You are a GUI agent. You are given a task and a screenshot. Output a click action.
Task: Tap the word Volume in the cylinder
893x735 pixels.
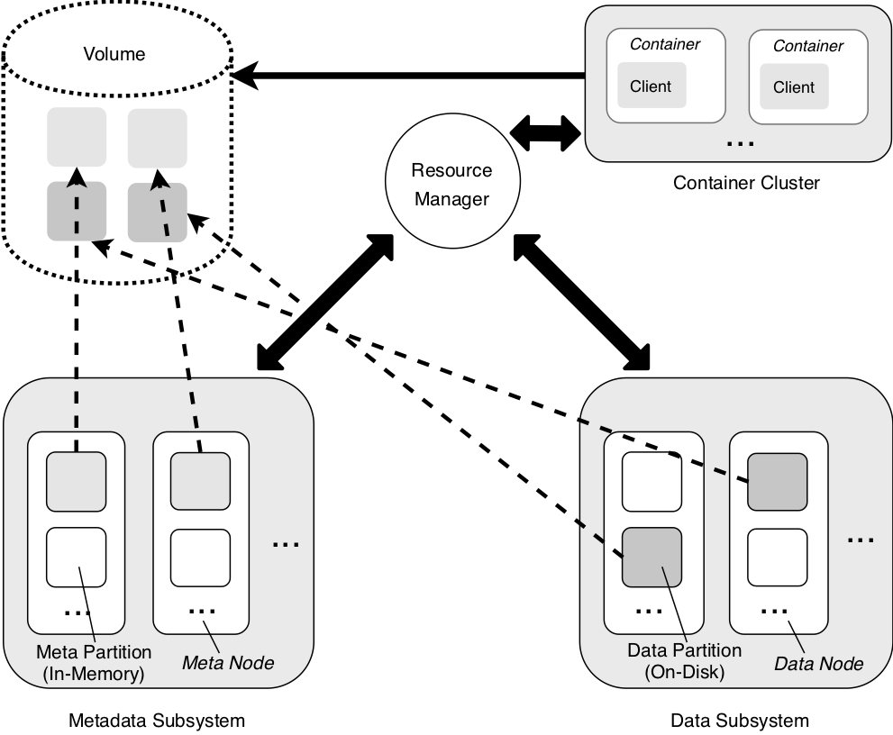point(114,54)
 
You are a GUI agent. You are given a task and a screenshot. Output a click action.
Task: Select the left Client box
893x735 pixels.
point(652,86)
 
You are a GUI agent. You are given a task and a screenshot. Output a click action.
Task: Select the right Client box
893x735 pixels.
point(794,86)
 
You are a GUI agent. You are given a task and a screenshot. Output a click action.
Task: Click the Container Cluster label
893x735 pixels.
point(746,183)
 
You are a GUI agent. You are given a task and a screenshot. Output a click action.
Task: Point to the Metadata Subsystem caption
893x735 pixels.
point(157,721)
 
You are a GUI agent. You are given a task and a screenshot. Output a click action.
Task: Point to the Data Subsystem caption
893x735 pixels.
point(740,721)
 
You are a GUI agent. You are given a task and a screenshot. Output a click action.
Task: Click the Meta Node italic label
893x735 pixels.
point(228,663)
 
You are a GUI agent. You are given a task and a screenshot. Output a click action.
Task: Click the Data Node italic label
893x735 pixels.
point(818,663)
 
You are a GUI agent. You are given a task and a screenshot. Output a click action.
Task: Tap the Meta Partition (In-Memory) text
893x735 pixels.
point(94,663)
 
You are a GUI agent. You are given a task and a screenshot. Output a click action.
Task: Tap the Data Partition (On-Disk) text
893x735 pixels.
point(685,661)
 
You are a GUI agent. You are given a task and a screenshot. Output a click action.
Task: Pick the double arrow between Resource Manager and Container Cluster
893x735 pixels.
point(545,134)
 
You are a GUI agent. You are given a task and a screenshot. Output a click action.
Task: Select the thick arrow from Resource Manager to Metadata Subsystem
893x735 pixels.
point(325,303)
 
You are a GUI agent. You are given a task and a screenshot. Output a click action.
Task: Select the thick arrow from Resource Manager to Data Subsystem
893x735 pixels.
point(581,303)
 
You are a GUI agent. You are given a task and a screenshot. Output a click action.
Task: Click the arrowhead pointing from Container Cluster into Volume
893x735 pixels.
point(245,75)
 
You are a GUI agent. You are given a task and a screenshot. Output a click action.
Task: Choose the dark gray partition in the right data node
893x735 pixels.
point(778,482)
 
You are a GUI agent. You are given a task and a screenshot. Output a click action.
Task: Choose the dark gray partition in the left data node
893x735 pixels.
point(652,558)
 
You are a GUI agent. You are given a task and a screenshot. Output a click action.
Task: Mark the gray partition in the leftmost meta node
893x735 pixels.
point(76,482)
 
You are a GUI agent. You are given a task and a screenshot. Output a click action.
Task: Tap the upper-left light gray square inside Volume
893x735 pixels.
point(77,137)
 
